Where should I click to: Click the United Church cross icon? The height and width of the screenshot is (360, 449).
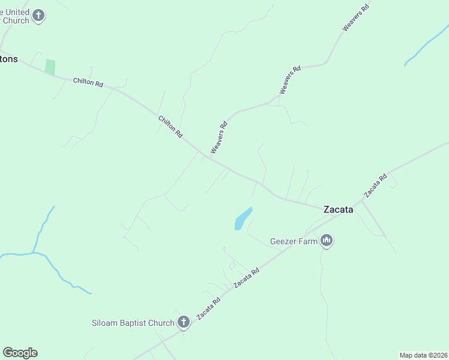38,16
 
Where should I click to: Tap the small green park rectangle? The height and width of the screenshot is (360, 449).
50,67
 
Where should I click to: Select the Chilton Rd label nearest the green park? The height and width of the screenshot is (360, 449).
88,82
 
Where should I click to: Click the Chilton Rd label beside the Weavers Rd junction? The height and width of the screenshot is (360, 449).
170,127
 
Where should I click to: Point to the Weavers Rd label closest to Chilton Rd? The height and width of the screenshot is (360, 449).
218,137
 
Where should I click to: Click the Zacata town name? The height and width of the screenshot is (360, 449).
339,209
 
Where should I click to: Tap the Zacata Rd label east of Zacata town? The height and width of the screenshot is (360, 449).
376,186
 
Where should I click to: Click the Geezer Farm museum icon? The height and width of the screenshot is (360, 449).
327,241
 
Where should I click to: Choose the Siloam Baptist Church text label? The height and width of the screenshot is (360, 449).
133,323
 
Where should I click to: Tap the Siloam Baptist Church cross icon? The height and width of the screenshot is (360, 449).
184,322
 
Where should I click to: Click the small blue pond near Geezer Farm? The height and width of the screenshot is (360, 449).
242,218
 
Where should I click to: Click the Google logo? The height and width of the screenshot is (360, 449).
20,353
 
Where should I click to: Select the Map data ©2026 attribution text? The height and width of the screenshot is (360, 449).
424,355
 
